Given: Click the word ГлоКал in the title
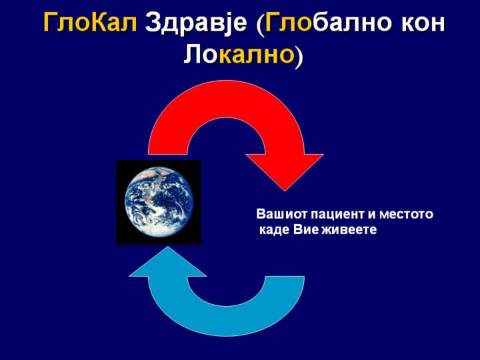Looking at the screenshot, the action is (90, 23).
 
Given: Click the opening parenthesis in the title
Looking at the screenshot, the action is (260, 25).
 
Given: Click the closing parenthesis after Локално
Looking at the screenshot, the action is (299, 57).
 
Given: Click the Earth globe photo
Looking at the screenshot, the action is (159, 203).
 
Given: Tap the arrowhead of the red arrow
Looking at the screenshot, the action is (285, 172).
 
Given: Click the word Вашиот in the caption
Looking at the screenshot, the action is (281, 214).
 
